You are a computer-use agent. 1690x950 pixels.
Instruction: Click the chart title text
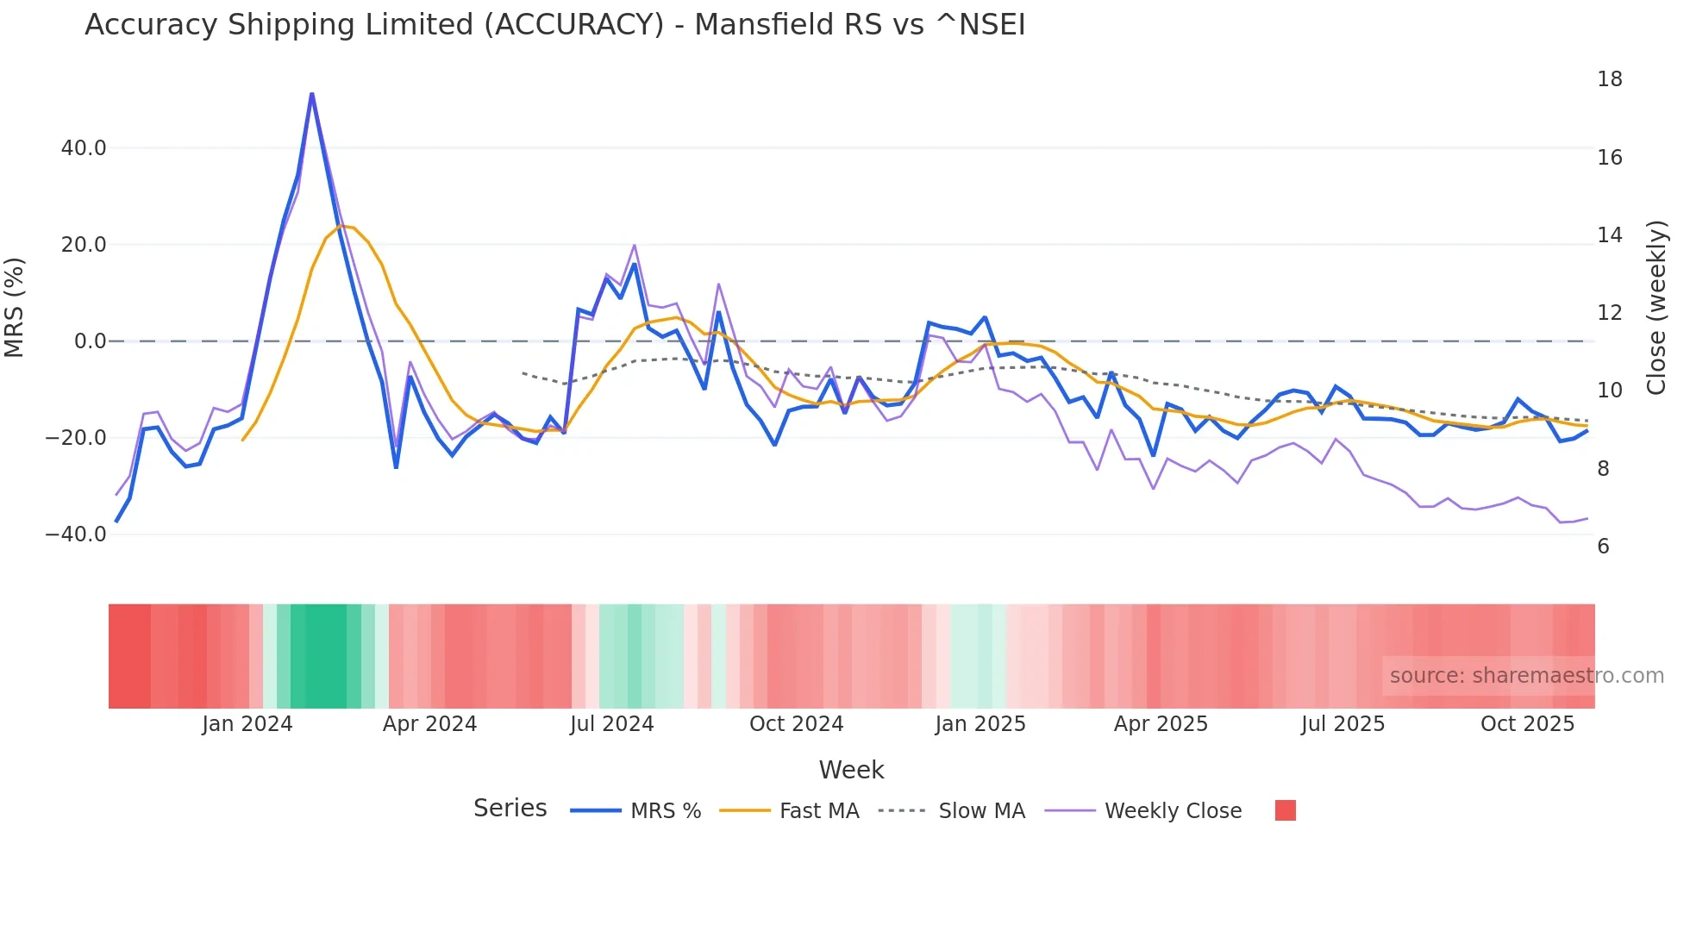pos(554,25)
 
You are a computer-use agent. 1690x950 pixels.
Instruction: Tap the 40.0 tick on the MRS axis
pos(84,148)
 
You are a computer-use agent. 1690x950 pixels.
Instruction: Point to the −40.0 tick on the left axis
pos(76,534)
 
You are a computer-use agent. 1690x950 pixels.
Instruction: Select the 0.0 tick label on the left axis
pos(91,341)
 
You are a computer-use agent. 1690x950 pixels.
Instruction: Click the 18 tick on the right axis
pos(1609,79)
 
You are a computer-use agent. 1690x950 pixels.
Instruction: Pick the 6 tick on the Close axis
pos(1603,547)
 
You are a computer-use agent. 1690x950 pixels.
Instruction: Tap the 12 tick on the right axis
pos(1609,313)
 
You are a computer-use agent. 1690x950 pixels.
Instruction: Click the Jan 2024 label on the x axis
pos(247,724)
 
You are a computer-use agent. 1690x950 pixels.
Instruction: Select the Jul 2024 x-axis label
pos(611,724)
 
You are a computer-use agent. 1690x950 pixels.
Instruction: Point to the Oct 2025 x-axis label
pos(1527,724)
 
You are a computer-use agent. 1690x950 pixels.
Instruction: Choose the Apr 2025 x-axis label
pos(1161,724)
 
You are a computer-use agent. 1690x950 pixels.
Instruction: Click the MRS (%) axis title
pos(15,308)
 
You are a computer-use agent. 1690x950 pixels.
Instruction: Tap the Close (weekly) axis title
pos(1656,308)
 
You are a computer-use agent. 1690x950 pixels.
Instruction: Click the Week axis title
pos(851,770)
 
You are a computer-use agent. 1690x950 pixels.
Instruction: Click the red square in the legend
pos(1285,810)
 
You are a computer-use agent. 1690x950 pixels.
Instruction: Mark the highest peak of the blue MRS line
pos(311,93)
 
